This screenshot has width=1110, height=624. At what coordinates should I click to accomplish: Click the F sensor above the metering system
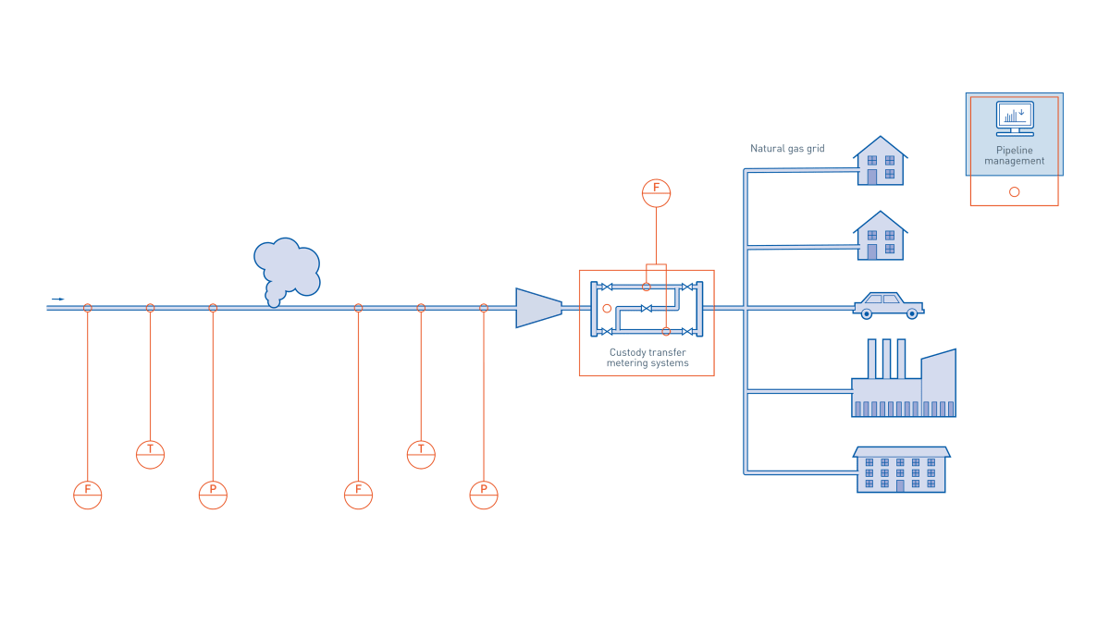point(656,193)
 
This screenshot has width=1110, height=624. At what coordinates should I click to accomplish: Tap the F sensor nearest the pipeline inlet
point(88,495)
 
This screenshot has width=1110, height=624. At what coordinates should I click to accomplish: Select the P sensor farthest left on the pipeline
point(213,495)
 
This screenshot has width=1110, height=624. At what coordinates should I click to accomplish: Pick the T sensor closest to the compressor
point(421,454)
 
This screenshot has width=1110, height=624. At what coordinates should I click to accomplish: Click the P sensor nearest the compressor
point(484,495)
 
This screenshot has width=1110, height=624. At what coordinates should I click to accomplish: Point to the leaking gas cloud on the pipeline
point(286,269)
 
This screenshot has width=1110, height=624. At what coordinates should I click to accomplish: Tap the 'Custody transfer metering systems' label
point(647,358)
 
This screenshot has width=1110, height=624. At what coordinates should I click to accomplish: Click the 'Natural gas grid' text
point(787,148)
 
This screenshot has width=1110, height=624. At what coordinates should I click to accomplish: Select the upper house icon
point(880,162)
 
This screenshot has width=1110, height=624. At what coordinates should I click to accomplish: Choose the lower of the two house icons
point(880,237)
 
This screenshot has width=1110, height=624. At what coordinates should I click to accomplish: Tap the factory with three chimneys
point(903,381)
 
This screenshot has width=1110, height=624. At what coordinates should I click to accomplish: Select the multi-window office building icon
point(901,469)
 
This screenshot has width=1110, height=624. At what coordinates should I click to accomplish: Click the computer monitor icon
point(1015,117)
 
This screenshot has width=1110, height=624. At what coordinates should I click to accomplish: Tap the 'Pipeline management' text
point(1015,155)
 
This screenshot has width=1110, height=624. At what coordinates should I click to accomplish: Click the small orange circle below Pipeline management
point(1015,191)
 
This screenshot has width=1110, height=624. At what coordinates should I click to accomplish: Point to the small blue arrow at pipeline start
point(57,299)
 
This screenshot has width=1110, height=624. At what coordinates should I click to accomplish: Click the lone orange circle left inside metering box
point(607,308)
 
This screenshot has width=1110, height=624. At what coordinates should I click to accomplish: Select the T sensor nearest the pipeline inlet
point(150,454)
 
